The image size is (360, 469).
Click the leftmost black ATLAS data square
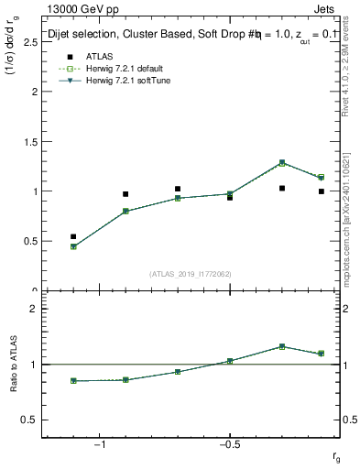coord(73,236)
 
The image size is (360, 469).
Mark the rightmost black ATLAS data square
coord(322,191)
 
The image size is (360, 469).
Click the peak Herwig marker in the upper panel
coord(282,163)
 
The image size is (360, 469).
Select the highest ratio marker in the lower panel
coord(282,346)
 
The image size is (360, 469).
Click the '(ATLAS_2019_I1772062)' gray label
coord(191,273)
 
